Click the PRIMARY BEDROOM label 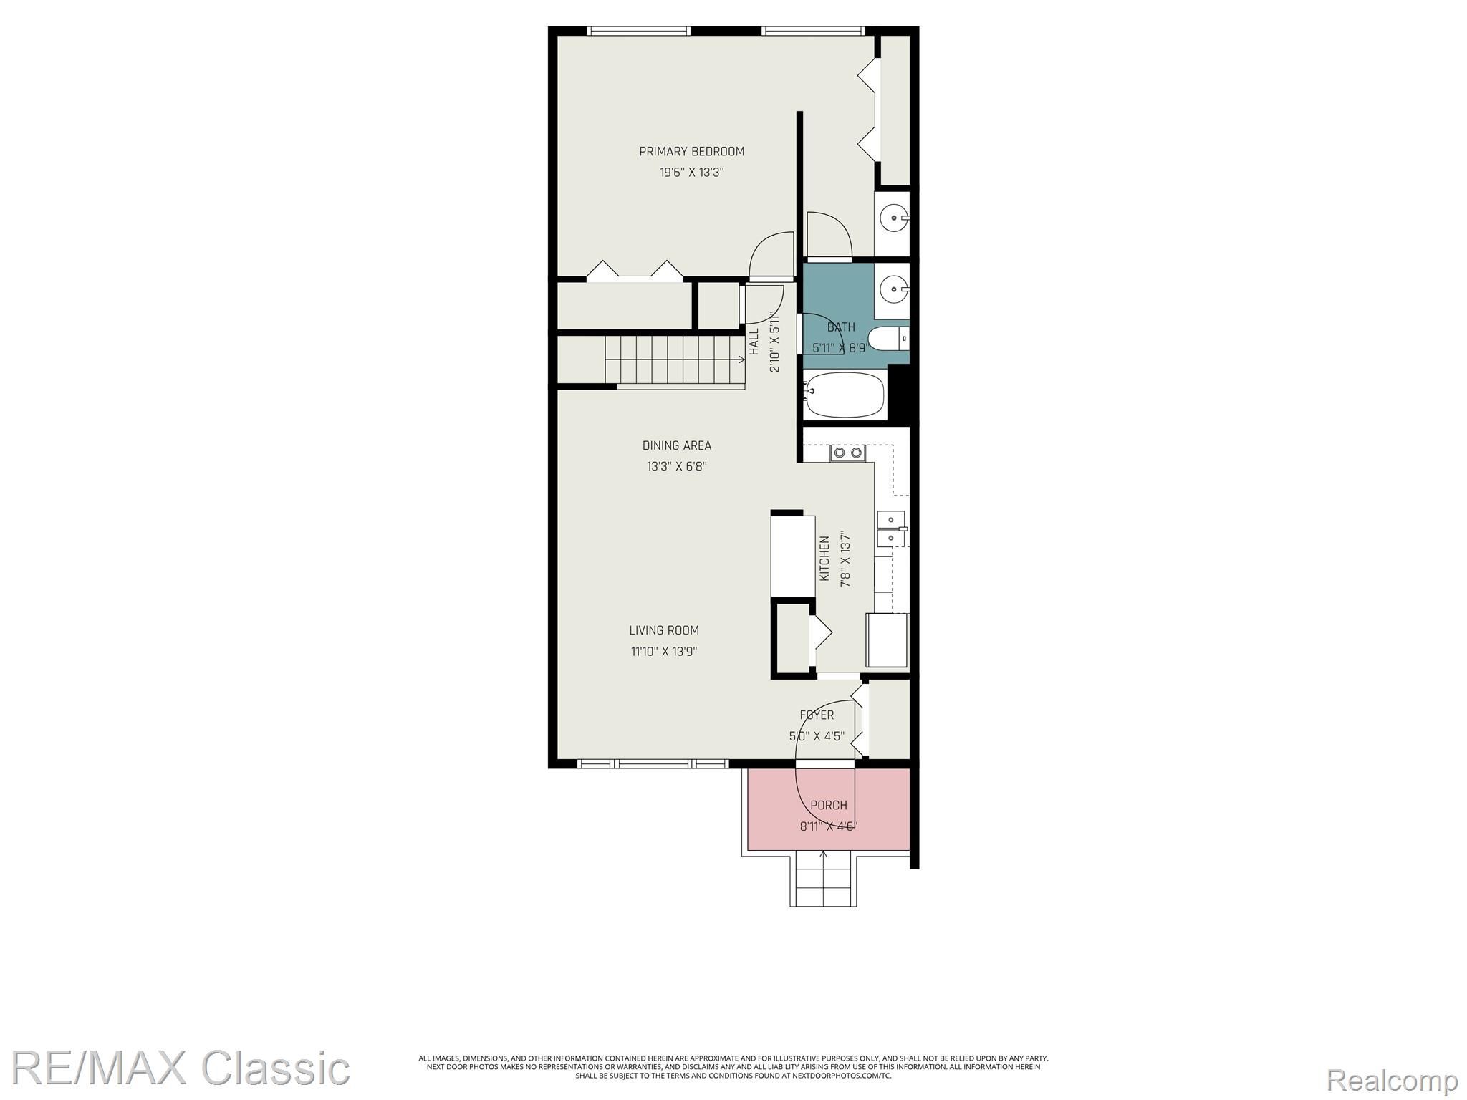(x=691, y=151)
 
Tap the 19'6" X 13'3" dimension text (x=691, y=173)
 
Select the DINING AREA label (x=677, y=445)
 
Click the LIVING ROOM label (x=664, y=630)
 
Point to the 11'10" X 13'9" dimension (x=664, y=652)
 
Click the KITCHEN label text (x=824, y=559)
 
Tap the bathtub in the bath (x=844, y=395)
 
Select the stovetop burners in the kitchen (x=847, y=453)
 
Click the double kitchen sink (x=892, y=529)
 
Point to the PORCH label (x=829, y=805)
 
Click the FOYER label (x=817, y=715)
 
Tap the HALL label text (x=754, y=342)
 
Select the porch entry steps (x=823, y=879)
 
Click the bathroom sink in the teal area (x=893, y=291)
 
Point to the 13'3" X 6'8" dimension (x=677, y=466)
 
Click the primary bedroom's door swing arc (x=772, y=254)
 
